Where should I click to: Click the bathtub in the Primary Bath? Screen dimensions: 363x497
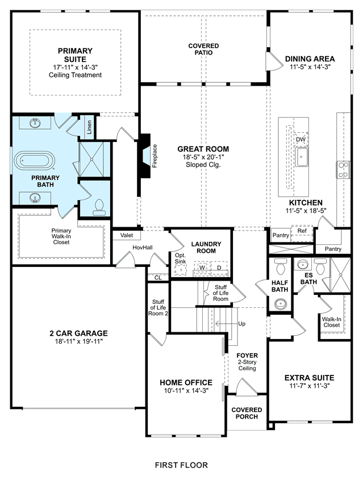point(35,161)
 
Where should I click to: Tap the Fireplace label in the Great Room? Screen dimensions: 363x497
point(155,156)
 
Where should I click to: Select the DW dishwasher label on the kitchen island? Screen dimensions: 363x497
point(301,140)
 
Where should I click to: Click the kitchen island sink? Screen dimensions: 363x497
point(302,157)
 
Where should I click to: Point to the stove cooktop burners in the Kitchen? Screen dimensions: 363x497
point(343,170)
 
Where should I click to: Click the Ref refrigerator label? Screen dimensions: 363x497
point(302,231)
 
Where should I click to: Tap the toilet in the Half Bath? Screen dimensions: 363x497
point(281,267)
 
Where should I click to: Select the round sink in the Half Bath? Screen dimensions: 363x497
point(281,304)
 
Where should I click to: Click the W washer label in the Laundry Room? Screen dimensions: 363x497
point(202,268)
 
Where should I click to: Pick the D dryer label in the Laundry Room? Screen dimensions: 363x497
point(219,268)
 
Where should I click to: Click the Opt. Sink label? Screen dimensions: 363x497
point(181,258)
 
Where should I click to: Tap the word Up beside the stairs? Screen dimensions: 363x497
point(241,324)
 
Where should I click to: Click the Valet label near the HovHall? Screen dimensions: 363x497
point(127,235)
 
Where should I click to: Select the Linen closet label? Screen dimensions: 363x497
point(89,127)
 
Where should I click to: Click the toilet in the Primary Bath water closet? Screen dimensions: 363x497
point(99,206)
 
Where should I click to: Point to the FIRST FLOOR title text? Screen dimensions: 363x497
point(181,465)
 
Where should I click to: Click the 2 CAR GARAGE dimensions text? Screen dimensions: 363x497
point(78,341)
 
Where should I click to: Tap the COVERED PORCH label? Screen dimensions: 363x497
point(247,413)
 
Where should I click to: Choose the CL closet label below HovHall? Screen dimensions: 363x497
point(158,278)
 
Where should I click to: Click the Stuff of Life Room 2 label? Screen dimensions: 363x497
point(158,307)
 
